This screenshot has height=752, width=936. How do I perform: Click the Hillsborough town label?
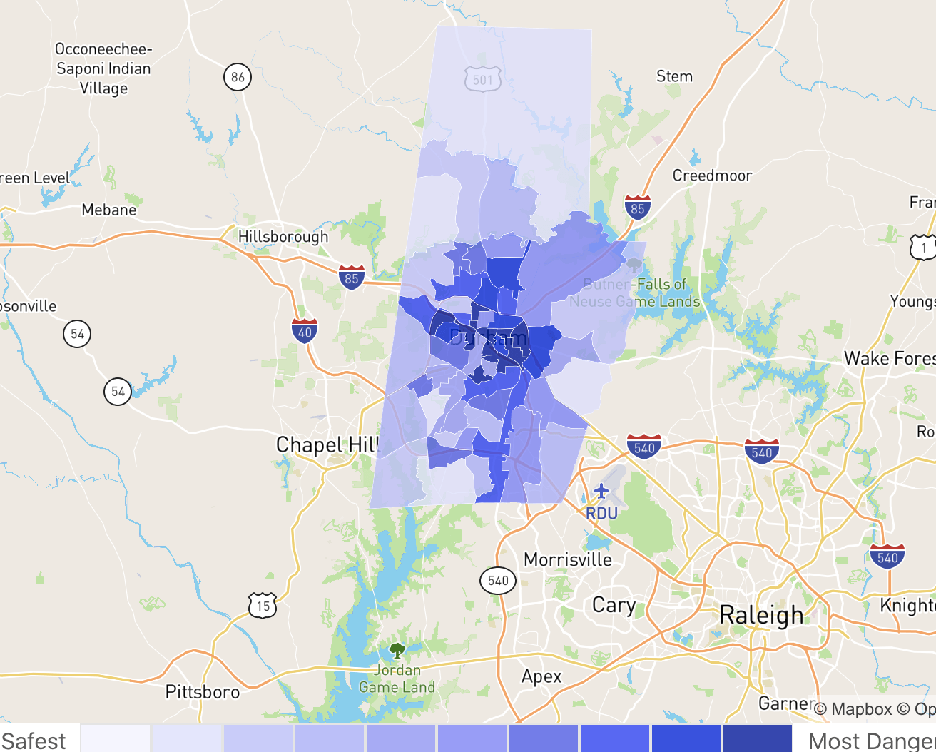283,237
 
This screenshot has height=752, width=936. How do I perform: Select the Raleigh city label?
760,615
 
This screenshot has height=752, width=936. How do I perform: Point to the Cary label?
614,605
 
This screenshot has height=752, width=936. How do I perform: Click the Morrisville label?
568,559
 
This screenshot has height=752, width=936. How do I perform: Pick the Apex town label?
541,676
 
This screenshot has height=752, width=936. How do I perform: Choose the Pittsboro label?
203,692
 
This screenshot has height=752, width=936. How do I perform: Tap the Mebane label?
109,210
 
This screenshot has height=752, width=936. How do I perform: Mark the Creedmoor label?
712,176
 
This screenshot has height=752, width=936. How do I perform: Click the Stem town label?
674,76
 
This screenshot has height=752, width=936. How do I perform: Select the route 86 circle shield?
238,76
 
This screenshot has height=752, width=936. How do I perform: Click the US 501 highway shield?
482,79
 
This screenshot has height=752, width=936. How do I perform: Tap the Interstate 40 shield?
305,331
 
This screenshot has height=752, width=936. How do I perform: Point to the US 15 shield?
263,606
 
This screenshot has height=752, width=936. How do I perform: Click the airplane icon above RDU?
601,492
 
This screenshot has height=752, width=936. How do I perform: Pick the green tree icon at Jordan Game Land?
397,650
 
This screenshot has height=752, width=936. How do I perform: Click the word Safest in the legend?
34,741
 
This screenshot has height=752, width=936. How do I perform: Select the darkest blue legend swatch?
757,738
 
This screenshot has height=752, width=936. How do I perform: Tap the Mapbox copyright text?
853,709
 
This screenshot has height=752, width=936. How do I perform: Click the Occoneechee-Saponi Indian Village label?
103,68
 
